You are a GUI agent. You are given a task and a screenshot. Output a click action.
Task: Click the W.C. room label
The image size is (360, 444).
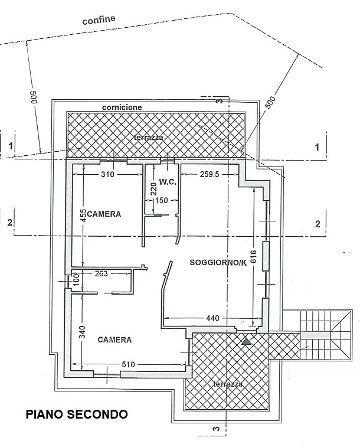168,182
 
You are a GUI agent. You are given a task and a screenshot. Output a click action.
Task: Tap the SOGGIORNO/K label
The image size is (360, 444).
218,263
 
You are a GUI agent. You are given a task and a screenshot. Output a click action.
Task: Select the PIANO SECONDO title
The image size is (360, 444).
77,414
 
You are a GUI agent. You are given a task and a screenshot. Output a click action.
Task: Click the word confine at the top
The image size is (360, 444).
99,20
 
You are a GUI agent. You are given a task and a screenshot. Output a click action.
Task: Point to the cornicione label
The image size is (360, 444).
122,107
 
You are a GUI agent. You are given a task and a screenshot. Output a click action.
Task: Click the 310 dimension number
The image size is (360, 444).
108,174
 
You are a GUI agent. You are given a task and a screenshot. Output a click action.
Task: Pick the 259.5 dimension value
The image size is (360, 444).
210,174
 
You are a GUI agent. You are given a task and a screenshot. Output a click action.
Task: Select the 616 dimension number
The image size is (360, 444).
254,256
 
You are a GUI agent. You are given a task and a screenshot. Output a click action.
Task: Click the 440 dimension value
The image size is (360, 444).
212,318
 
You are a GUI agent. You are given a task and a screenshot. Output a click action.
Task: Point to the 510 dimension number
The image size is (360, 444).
128,364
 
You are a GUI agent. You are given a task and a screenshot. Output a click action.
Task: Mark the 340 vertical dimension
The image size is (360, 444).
82,333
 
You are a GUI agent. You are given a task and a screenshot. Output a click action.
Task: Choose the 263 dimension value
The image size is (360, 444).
102,273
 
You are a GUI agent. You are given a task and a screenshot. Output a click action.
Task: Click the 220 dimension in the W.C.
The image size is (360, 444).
153,190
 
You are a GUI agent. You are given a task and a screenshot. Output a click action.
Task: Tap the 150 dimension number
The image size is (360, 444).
162,201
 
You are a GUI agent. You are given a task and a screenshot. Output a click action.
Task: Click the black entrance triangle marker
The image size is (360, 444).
247,341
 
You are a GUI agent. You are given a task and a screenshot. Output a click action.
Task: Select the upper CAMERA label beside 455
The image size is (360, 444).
104,214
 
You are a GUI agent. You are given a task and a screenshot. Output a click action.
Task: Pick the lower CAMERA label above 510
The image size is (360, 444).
114,339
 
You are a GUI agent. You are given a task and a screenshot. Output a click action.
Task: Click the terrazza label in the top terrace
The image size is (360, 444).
149,138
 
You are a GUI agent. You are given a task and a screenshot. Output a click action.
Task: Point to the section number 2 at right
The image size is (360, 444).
318,224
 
